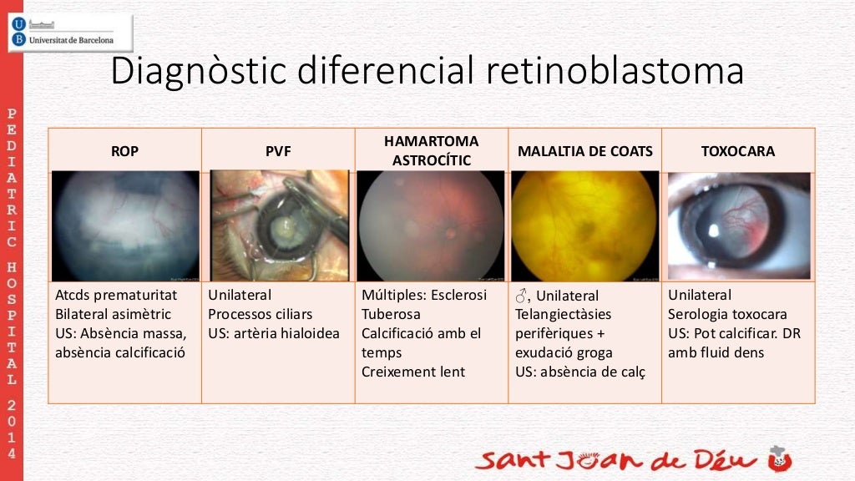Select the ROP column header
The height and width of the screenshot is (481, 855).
124,151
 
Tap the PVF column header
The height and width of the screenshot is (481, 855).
278,151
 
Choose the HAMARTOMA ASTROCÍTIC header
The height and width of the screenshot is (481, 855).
432,150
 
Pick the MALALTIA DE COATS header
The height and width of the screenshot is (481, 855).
584,151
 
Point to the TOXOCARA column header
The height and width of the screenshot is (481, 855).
737,151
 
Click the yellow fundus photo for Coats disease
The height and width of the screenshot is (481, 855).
584,225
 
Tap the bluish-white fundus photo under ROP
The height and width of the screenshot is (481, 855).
125,225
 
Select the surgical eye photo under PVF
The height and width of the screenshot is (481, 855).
279,225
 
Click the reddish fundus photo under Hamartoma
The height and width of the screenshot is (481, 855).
431,225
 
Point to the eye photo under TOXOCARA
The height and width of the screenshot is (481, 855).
739,225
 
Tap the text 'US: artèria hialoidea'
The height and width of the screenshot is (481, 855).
274,333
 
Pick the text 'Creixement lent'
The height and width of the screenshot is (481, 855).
413,372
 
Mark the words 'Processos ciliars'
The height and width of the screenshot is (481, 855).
261,314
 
